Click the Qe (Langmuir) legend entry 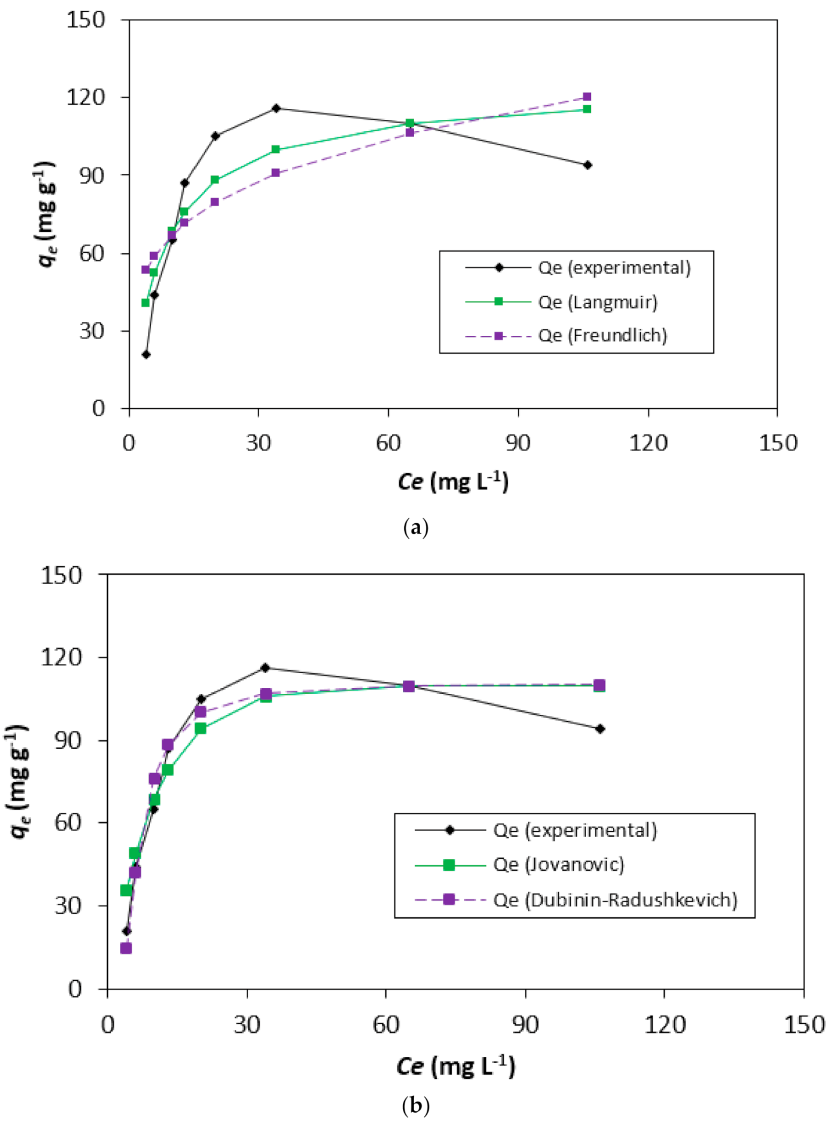tap(597, 302)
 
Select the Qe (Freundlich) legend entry tap(602, 335)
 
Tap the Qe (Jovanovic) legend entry tap(558, 864)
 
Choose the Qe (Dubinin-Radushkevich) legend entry tap(615, 899)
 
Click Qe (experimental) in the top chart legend tap(614, 268)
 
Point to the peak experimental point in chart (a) tap(276, 108)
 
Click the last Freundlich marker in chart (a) tap(587, 97)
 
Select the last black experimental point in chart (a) tap(587, 165)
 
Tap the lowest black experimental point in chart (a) tap(146, 354)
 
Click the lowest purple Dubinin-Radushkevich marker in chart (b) tap(126, 948)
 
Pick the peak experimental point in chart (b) tap(265, 668)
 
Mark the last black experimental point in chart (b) tap(600, 729)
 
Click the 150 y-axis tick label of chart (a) tap(86, 20)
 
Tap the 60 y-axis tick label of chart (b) tap(69, 822)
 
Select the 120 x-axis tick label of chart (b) tap(664, 1024)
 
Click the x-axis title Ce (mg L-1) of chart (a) tap(453, 481)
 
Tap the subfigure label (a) tap(416, 527)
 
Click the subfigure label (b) tap(416, 1106)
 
